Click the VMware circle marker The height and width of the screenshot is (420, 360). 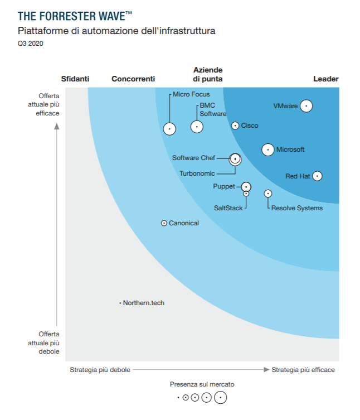[x=306, y=106]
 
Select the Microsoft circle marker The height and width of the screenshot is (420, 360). [x=268, y=149]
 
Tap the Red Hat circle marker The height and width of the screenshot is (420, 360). [x=317, y=176]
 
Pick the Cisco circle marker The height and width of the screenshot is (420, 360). [x=235, y=126]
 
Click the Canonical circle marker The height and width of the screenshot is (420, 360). [x=164, y=223]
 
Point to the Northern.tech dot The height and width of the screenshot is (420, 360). [x=120, y=303]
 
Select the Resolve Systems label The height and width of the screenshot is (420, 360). [x=296, y=208]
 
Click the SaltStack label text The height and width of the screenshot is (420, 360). [x=228, y=208]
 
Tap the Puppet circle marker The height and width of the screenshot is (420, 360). [x=246, y=187]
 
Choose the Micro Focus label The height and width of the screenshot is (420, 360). [x=191, y=94]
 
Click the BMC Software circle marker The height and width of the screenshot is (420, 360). [x=197, y=127]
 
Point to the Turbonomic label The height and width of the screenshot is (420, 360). [x=197, y=173]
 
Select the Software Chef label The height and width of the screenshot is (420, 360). [x=193, y=158]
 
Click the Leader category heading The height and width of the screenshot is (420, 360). [x=325, y=79]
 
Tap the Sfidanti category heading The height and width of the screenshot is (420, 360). [x=75, y=79]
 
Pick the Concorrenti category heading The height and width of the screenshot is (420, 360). [x=133, y=79]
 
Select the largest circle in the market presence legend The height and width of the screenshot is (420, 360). [x=221, y=398]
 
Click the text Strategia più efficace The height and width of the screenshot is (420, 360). [x=303, y=370]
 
